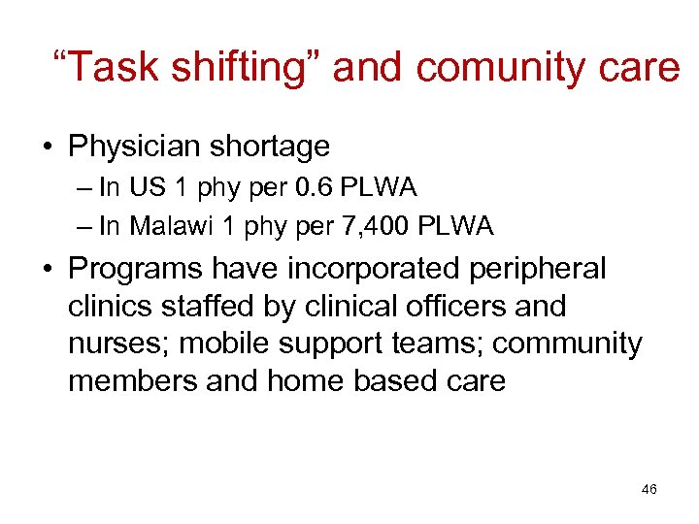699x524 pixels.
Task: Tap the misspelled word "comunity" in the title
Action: tap(511, 68)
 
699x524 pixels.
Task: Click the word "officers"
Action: tap(453, 307)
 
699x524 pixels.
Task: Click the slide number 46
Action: tap(649, 490)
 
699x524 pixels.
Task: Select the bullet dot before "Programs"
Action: tap(46, 270)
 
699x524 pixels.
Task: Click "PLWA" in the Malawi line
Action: tap(455, 227)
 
